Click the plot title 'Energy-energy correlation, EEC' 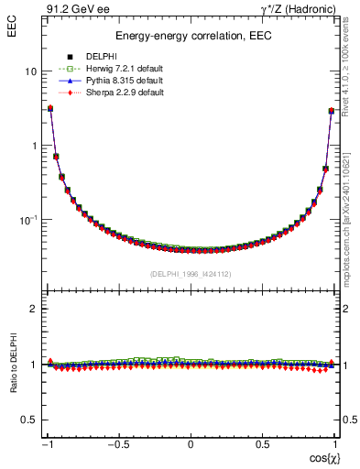pyautogui.click(x=191, y=37)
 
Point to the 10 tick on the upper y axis pyautogui.click(x=30, y=71)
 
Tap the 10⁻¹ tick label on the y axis pyautogui.click(x=27, y=220)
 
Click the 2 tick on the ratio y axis pyautogui.click(x=33, y=309)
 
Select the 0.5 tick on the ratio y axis pyautogui.click(x=28, y=420)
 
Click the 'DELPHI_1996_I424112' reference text pyautogui.click(x=191, y=273)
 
